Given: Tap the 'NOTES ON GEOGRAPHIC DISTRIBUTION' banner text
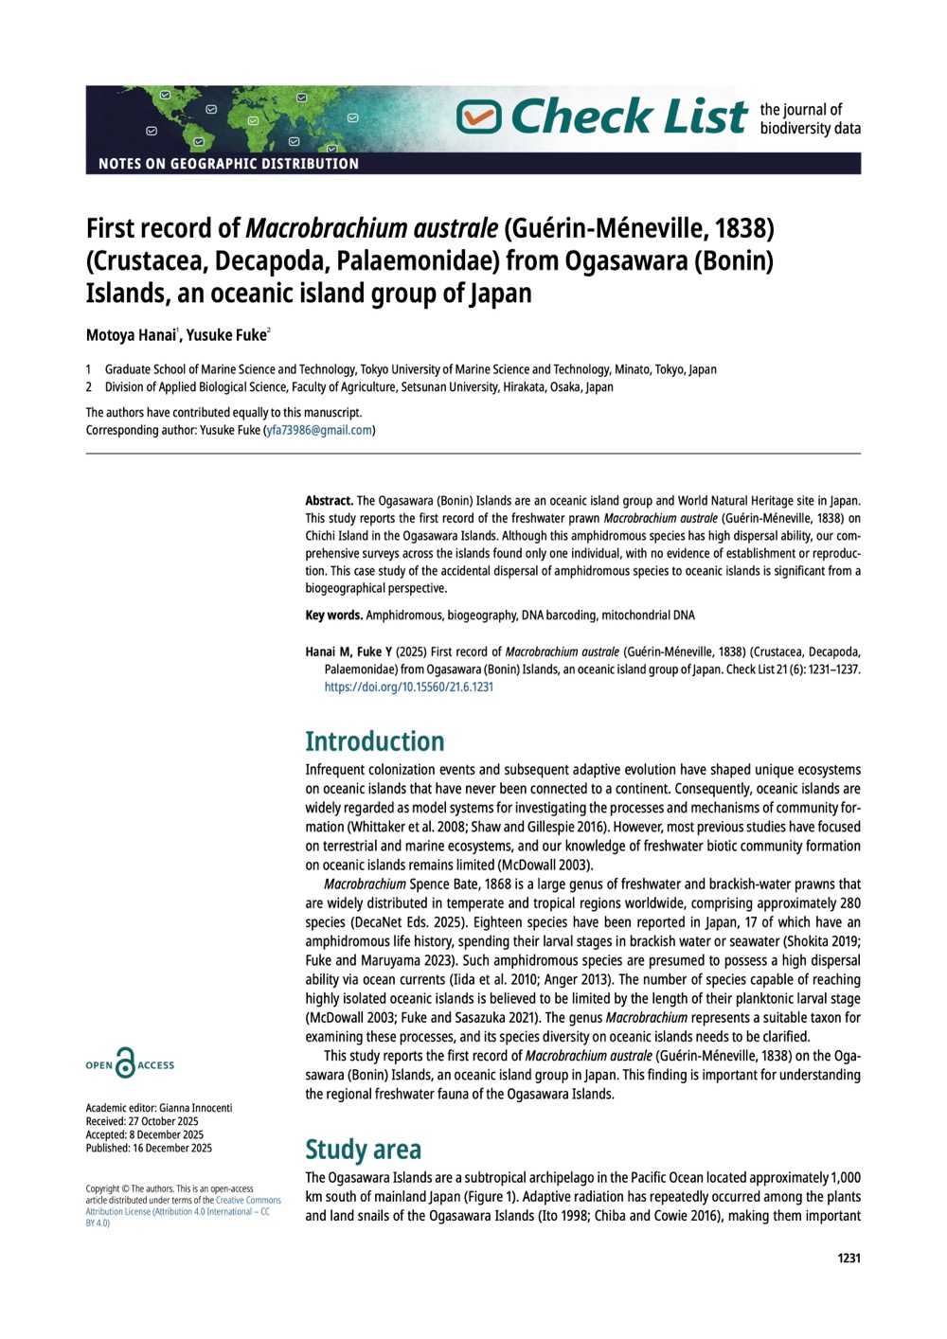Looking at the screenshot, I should click(x=228, y=164).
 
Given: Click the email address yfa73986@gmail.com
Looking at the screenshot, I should click(x=320, y=430).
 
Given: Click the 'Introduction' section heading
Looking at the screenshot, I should click(x=374, y=741).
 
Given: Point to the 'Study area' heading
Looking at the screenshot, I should click(x=363, y=1150).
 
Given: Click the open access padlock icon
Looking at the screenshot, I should click(x=124, y=1063).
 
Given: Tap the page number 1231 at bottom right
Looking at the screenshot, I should click(x=849, y=1259).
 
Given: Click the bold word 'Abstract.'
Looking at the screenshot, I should click(x=329, y=499).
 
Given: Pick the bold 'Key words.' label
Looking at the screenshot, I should click(x=333, y=616).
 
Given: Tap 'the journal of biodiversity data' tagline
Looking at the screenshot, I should click(x=810, y=118).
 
